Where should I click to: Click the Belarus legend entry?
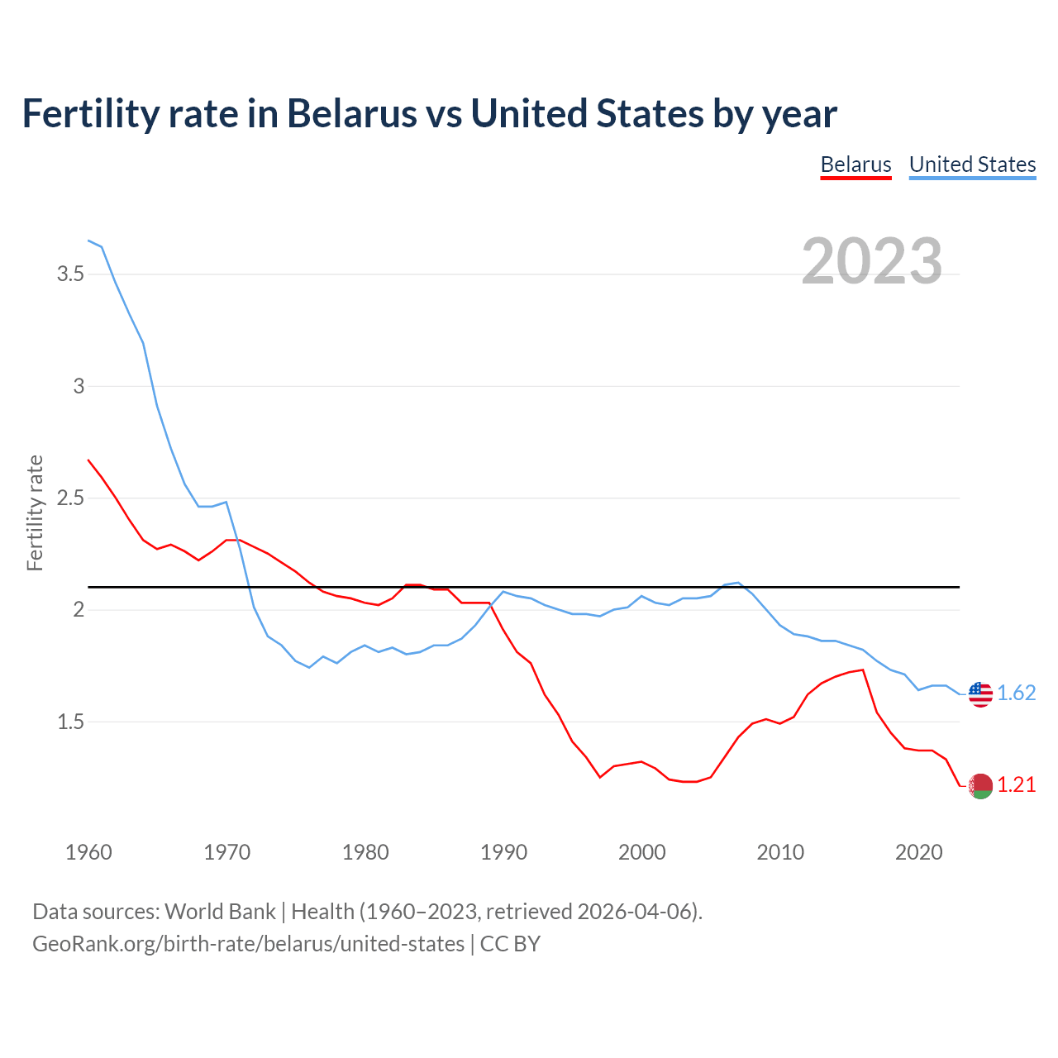click(x=855, y=164)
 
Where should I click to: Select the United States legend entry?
click(x=972, y=164)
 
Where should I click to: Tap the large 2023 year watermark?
click(x=871, y=261)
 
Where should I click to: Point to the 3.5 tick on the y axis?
click(x=70, y=274)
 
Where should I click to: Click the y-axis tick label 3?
click(x=79, y=386)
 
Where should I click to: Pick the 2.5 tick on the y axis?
click(x=70, y=498)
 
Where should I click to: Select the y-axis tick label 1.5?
click(x=70, y=722)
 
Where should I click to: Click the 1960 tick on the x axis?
click(x=88, y=852)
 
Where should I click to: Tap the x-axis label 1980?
click(x=365, y=852)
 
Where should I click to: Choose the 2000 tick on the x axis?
click(x=641, y=852)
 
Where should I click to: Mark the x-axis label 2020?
click(x=918, y=852)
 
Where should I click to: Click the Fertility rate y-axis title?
click(x=35, y=512)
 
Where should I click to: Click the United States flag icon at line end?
click(x=980, y=693)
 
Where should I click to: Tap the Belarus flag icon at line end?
click(x=980, y=786)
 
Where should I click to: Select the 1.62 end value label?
click(x=1016, y=693)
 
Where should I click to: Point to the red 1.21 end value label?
click(x=1016, y=785)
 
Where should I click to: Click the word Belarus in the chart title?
click(x=352, y=113)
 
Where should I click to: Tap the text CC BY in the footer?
click(x=510, y=944)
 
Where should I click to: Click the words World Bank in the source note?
click(x=220, y=912)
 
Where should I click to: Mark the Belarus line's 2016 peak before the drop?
click(x=863, y=670)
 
